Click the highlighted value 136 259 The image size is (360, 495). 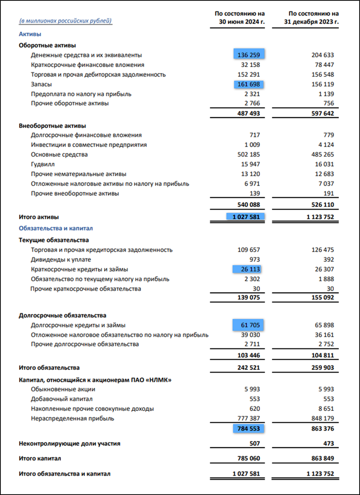coord(249,55)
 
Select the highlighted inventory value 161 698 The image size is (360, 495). coord(249,84)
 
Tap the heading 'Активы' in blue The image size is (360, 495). coord(30,34)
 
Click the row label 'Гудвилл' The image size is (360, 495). coord(43,164)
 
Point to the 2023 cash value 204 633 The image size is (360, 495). coord(322,55)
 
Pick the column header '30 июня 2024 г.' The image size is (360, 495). coord(242,21)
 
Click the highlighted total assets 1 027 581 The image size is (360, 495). coord(245,217)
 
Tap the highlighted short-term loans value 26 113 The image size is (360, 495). coord(249,269)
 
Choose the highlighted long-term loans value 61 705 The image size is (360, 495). coord(249,325)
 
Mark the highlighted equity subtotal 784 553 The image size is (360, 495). coord(249,429)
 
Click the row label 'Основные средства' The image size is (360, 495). coord(59,155)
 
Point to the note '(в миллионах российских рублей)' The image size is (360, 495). coord(66,21)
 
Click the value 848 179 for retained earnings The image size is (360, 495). coord(322,419)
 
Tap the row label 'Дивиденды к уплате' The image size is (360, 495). coord(61,259)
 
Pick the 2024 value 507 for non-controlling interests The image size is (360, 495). coord(255,444)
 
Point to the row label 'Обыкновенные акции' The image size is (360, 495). coord(63,389)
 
